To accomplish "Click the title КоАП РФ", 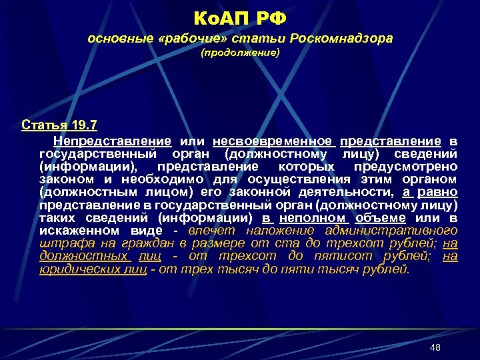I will coord(240,15).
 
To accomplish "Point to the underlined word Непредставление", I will coord(114,141).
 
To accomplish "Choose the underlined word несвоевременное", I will coord(272,141).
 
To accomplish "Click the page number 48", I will coord(436,347).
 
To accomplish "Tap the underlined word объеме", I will coord(380,218).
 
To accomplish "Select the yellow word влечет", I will coord(212,231).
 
